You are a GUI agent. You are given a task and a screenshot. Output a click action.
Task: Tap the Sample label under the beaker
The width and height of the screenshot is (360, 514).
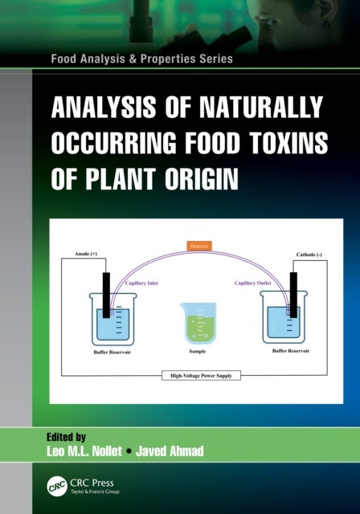pos(198,351)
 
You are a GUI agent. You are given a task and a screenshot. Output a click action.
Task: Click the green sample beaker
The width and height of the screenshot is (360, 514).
pos(197,322)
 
